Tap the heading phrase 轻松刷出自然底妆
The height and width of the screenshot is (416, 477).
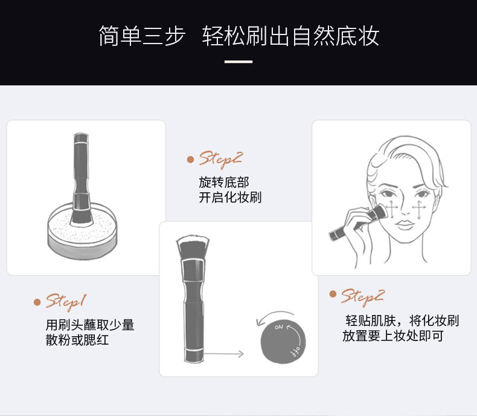coord(291,36)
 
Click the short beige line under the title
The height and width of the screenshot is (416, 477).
coord(238,61)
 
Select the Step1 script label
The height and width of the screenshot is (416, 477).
coord(66,301)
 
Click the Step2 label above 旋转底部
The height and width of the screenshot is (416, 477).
coord(220,160)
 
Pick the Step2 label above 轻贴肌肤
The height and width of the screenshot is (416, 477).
coord(362,296)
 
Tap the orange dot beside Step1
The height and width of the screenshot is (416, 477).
coord(37,302)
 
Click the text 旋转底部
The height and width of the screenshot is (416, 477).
coord(223,182)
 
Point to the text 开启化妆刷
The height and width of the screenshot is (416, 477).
coord(230,198)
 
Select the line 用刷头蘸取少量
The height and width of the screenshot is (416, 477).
coord(90,325)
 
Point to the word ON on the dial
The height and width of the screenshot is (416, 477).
coord(278,327)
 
